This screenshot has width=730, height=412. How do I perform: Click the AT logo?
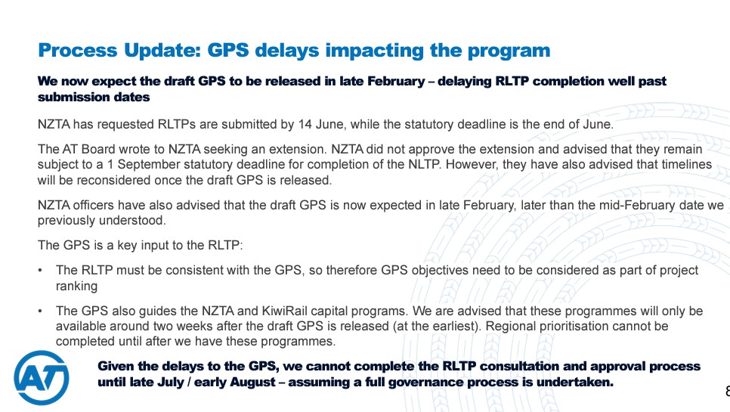click(x=42, y=377)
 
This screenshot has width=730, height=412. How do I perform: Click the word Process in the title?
click(x=78, y=51)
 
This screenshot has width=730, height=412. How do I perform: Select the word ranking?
click(x=76, y=287)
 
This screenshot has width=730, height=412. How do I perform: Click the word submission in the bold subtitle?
click(x=71, y=98)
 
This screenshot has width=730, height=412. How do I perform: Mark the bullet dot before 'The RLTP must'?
click(x=41, y=271)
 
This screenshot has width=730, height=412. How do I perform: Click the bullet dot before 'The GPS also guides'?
click(x=41, y=311)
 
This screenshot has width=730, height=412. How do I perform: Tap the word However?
click(x=472, y=165)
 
